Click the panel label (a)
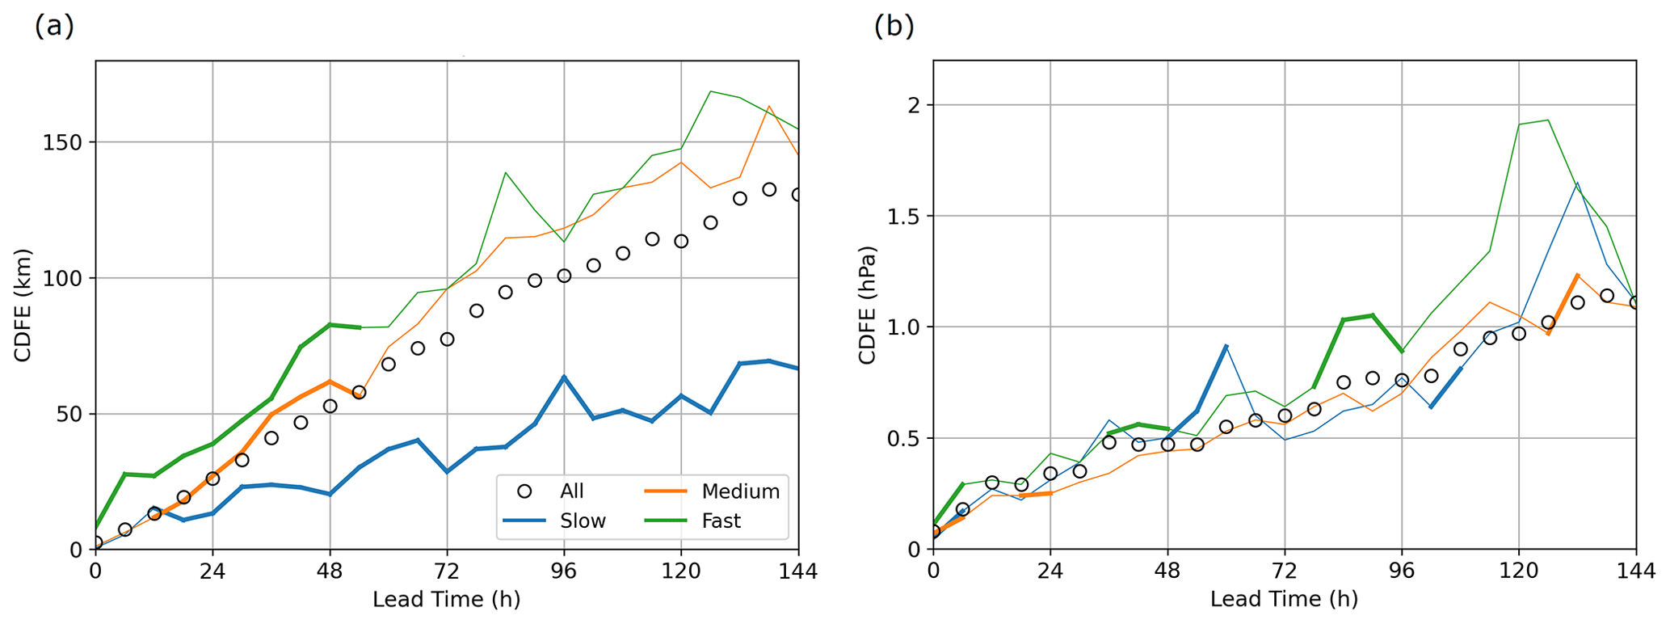point(54,26)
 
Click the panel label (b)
point(894,26)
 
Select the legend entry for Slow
point(583,521)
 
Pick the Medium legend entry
point(740,491)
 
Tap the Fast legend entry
point(721,521)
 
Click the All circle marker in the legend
point(524,491)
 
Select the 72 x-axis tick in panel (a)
point(447,571)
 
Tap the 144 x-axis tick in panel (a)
point(798,571)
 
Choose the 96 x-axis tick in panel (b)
point(1402,571)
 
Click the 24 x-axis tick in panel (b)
point(1050,571)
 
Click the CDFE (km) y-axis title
point(23,306)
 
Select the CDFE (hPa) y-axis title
point(866,306)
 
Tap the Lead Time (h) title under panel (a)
point(446,600)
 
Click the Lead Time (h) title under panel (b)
point(1284,600)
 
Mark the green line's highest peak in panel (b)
point(1547,120)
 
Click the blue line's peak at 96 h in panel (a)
point(564,377)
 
